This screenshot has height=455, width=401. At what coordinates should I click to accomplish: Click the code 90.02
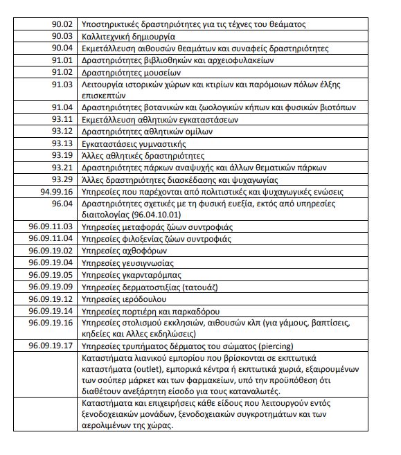click(62, 24)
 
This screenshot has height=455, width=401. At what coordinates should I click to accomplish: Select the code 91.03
click(62, 84)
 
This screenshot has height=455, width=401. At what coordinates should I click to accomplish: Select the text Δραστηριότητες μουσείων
click(131, 72)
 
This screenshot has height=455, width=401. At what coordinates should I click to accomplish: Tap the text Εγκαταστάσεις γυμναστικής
click(134, 143)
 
